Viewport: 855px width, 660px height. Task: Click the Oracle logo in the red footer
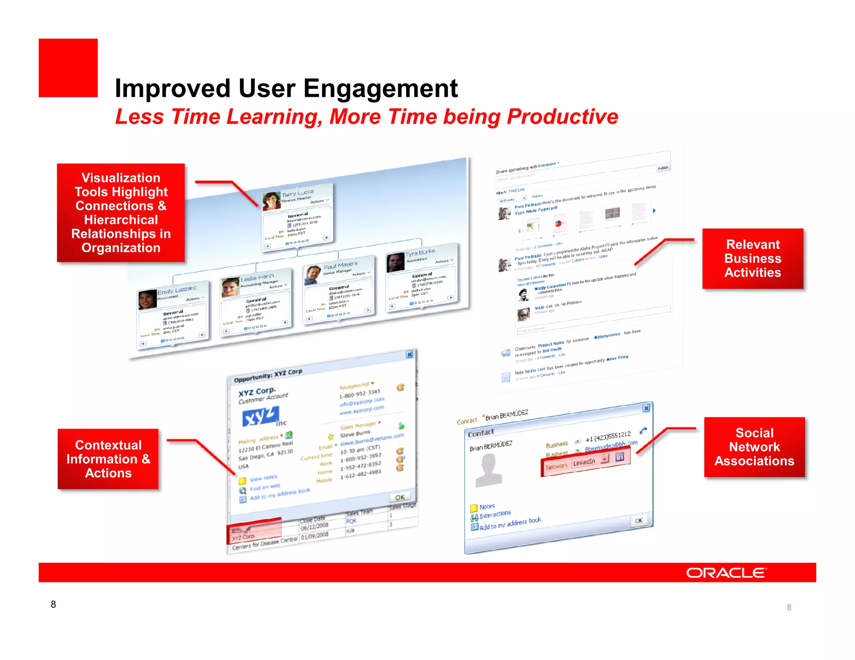click(x=726, y=573)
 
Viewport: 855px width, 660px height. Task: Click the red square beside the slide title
click(x=68, y=68)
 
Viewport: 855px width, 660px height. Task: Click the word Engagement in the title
click(x=380, y=88)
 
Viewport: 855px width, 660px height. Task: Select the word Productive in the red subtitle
click(x=562, y=117)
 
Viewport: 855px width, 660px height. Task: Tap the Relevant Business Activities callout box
click(x=752, y=258)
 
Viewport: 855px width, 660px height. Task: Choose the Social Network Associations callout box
click(x=754, y=447)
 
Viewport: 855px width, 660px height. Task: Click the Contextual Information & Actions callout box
click(x=108, y=459)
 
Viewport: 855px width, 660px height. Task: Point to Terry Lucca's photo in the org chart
click(x=271, y=201)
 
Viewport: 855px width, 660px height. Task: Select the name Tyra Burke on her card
click(x=420, y=252)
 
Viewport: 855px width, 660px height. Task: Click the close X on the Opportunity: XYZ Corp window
click(x=410, y=354)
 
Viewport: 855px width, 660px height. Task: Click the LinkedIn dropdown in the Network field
click(x=590, y=461)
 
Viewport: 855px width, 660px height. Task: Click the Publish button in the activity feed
click(x=663, y=168)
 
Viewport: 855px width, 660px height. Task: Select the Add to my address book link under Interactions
click(x=510, y=524)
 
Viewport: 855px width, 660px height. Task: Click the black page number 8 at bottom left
click(x=53, y=604)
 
